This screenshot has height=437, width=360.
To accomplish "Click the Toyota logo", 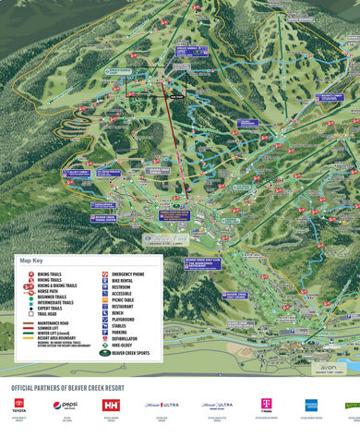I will point(18,406).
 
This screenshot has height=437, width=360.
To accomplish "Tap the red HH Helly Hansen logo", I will point(111,406).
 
